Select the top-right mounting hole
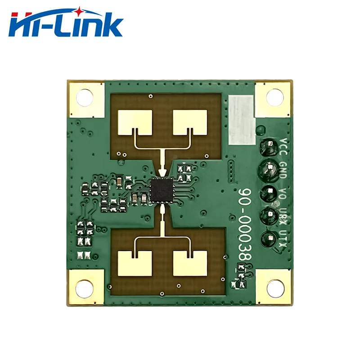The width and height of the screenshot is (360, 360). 274,97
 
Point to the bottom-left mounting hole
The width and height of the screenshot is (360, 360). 84,288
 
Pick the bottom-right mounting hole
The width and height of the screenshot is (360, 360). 274,287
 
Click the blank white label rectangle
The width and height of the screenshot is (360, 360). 241,120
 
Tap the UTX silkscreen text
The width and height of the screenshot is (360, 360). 283,238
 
